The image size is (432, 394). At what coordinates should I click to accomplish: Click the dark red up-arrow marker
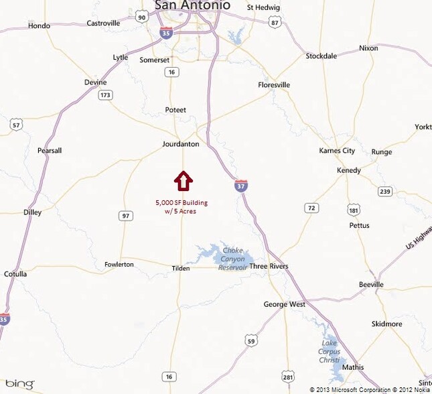(x=184, y=181)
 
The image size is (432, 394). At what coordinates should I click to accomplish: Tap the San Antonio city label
(x=192, y=5)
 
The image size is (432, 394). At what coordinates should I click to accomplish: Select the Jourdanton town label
(x=181, y=144)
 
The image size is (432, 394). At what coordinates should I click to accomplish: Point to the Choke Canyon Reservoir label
(x=232, y=259)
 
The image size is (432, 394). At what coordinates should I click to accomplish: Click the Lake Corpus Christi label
(x=330, y=352)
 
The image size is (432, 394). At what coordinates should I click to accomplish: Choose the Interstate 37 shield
(x=241, y=185)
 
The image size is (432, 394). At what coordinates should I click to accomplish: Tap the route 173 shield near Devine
(x=105, y=96)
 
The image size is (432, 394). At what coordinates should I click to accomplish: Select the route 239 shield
(x=384, y=191)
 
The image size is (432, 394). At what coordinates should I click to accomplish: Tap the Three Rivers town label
(x=269, y=266)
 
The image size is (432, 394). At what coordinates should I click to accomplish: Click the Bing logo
(x=20, y=383)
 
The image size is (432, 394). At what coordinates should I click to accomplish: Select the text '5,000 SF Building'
(x=182, y=202)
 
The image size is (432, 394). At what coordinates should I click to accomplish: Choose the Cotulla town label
(x=15, y=274)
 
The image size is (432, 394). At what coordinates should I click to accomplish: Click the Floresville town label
(x=274, y=85)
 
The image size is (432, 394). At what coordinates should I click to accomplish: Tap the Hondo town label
(x=39, y=26)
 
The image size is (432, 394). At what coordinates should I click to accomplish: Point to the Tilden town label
(x=180, y=268)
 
